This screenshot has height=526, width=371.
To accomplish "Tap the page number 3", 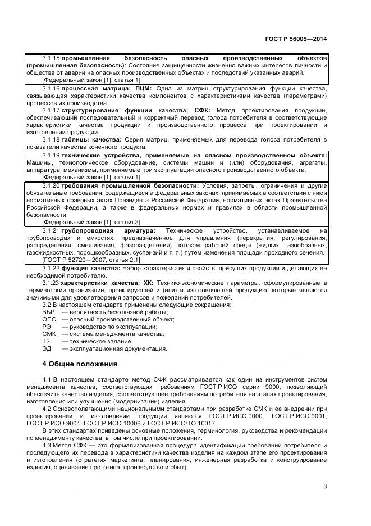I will [325, 487].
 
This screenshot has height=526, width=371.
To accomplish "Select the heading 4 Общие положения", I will [80, 364].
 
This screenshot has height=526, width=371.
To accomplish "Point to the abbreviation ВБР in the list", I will [49, 312].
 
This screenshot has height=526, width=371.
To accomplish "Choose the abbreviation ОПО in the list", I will [49, 319].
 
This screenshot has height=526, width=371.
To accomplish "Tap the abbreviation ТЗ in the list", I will [47, 341].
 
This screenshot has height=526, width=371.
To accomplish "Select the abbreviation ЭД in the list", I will [47, 348].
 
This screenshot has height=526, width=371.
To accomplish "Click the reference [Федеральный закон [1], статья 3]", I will [91, 222].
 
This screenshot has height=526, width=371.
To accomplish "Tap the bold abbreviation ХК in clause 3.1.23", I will [148, 283].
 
